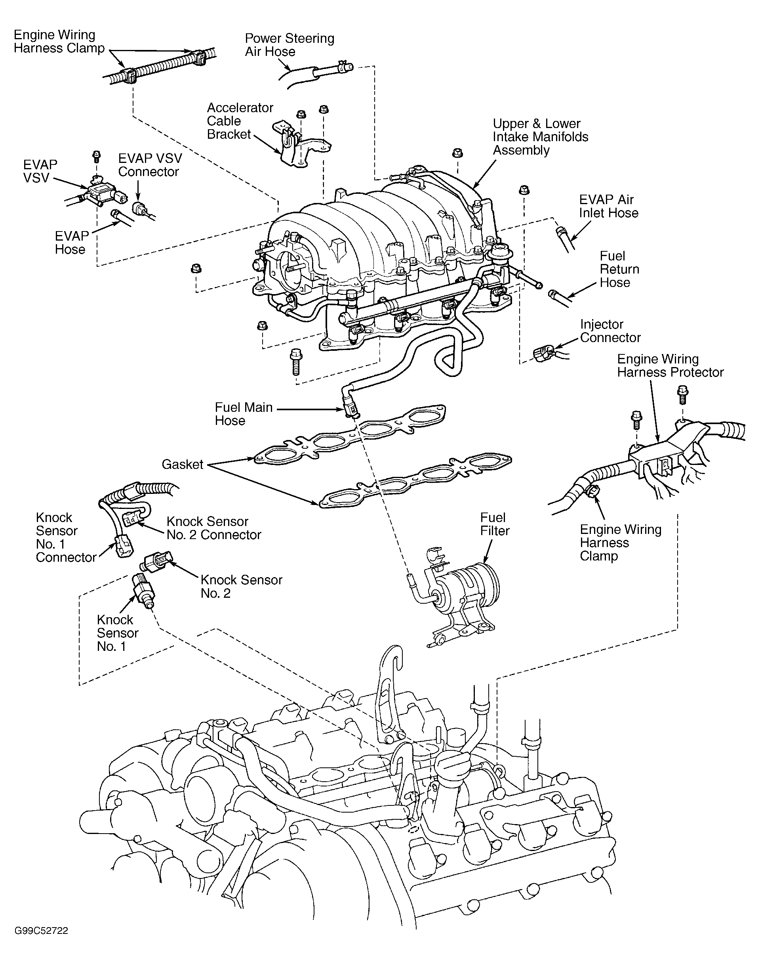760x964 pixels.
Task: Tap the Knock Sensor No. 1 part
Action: pos(143,589)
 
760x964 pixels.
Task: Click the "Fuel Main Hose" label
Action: pos(244,414)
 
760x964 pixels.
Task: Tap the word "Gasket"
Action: pos(183,465)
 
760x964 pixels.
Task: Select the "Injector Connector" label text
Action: pos(610,331)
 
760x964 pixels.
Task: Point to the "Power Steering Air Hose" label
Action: pos(289,44)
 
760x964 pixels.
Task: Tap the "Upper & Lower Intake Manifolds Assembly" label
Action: pos(540,137)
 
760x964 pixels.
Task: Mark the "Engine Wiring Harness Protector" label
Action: pos(670,365)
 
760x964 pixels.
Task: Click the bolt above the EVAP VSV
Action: pos(96,157)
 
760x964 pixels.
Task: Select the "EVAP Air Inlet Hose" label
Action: pos(608,206)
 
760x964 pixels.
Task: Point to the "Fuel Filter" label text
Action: pos(494,524)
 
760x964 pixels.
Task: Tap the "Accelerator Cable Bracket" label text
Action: pos(240,120)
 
